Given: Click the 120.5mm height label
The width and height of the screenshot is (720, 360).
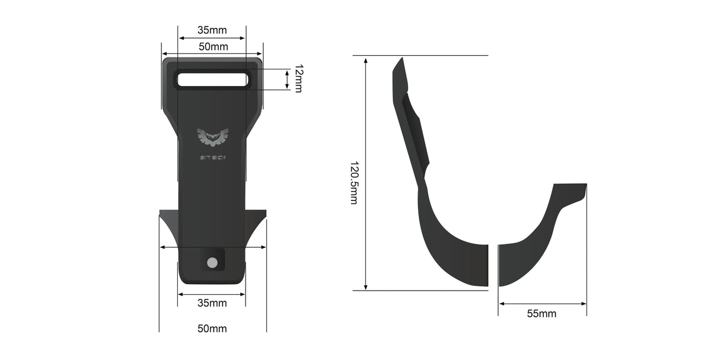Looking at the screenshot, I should (x=353, y=183).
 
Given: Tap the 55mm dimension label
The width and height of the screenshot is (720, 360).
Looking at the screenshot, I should (x=541, y=314).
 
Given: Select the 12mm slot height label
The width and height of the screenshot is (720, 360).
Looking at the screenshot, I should (x=298, y=79).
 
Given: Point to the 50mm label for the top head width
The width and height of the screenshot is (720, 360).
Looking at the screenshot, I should (x=212, y=46).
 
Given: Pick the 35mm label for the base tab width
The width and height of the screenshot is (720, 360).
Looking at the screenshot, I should (x=212, y=303).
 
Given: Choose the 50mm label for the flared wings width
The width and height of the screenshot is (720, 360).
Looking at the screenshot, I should (x=212, y=329).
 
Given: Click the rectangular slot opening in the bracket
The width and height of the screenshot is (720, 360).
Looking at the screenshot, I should (x=212, y=79).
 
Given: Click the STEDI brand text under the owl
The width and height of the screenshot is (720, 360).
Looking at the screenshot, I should (x=212, y=158).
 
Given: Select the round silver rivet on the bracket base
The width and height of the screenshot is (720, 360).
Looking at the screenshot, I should (x=212, y=263).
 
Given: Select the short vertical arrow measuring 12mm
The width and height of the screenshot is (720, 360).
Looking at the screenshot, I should (x=287, y=79).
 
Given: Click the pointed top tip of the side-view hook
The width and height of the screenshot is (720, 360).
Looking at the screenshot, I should (x=402, y=59).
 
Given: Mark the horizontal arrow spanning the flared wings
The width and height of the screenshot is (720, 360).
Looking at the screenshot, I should (x=212, y=247).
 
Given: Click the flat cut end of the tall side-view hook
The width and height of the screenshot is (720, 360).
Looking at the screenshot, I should (x=487, y=265).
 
